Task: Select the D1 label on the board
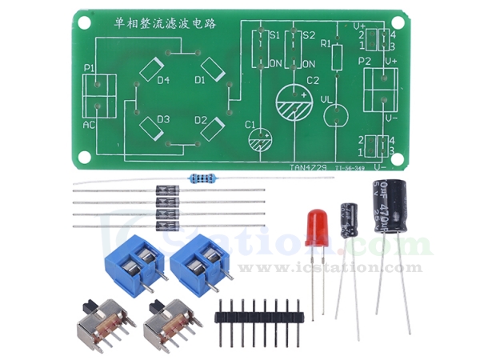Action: click(x=200, y=81)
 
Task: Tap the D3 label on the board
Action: click(x=163, y=119)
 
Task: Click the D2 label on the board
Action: click(x=200, y=119)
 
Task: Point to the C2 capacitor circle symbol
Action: click(x=295, y=103)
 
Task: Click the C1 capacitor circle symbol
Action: click(x=260, y=138)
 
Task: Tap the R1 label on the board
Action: click(x=325, y=44)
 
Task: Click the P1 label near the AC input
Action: click(x=89, y=68)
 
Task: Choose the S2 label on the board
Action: click(x=309, y=35)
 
